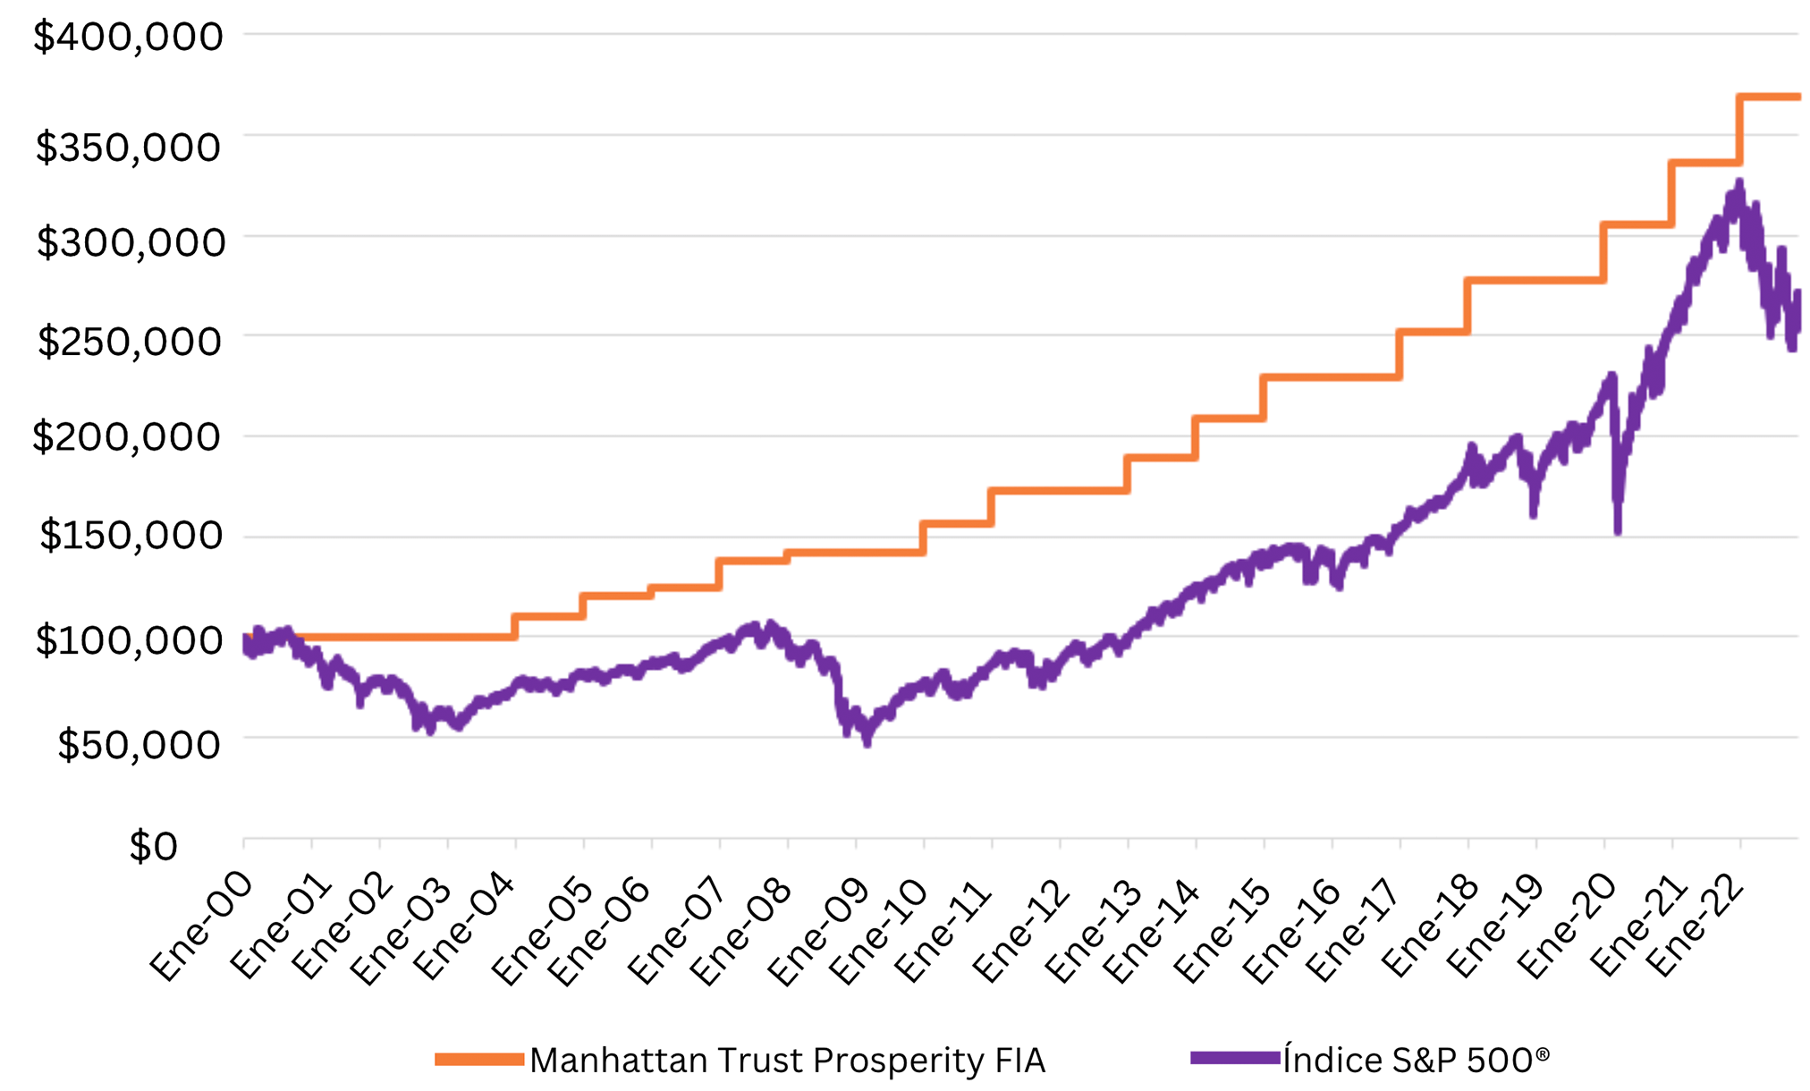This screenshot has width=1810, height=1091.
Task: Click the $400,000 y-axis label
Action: coord(128,37)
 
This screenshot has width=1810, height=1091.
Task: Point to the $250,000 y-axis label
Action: coord(130,342)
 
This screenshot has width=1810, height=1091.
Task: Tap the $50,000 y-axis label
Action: coord(139,744)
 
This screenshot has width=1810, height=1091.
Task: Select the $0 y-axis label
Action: coord(154,846)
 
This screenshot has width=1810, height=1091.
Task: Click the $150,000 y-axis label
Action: coord(131,536)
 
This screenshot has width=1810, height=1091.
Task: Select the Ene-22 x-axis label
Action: coord(1696,926)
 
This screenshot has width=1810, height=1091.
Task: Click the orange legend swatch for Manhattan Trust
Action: coord(479,1060)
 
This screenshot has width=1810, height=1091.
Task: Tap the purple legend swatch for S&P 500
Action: coord(1235,1059)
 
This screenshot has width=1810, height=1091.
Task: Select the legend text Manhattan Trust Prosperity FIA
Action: coord(787,1061)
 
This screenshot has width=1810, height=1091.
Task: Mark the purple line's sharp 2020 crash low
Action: coord(1618,531)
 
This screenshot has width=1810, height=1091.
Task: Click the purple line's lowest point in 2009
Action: coord(867,742)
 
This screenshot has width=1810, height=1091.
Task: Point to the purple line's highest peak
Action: coord(1739,183)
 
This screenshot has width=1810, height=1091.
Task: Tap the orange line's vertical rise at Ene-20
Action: coord(1603,252)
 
